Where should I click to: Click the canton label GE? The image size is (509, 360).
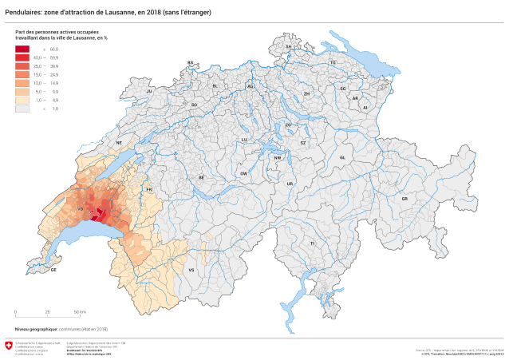(x=53, y=270)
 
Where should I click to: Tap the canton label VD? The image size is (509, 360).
(x=80, y=210)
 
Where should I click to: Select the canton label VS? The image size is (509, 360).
(x=191, y=271)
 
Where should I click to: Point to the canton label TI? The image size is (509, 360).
(x=313, y=242)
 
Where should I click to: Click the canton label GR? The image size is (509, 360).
(x=404, y=198)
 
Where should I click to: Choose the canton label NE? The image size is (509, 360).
(x=119, y=143)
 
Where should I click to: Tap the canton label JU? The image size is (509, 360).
(x=148, y=91)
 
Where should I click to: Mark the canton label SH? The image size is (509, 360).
(x=289, y=47)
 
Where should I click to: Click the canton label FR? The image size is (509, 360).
(x=148, y=189)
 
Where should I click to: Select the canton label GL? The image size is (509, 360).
(x=342, y=157)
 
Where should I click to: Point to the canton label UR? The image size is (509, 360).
(x=290, y=184)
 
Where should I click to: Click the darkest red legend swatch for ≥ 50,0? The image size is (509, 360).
(x=22, y=49)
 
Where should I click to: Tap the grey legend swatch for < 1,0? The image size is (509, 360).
(x=22, y=108)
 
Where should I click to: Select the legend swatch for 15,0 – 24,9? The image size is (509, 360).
(x=22, y=74)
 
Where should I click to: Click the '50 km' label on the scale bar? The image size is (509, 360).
(x=81, y=312)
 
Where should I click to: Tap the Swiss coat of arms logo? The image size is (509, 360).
(x=9, y=346)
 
